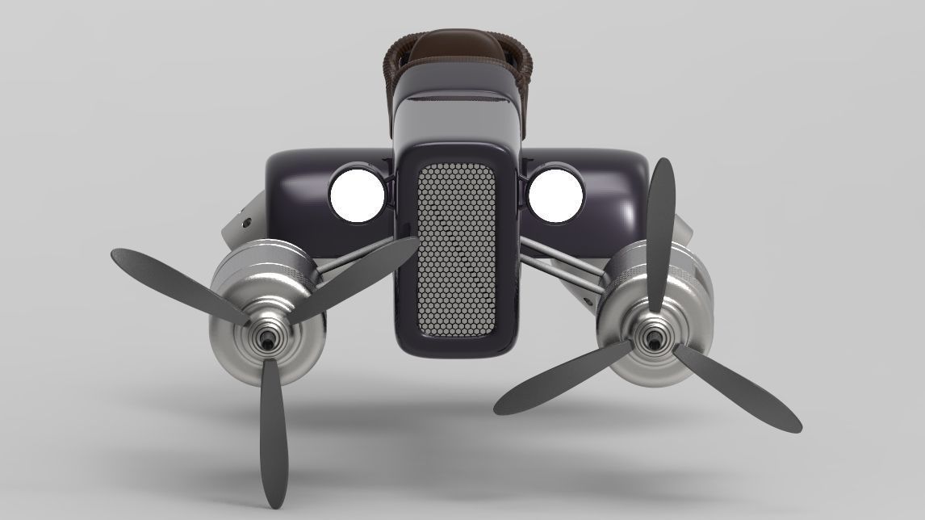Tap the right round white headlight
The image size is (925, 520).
(555, 195)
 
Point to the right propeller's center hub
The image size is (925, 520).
(651, 342)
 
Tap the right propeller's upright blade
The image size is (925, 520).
(660, 234)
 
